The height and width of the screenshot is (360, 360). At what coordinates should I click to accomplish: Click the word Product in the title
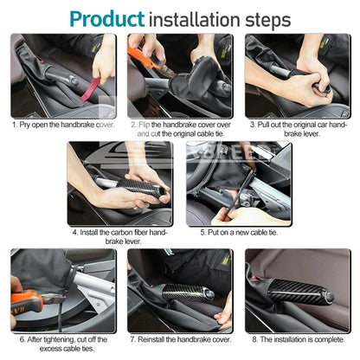click(107, 19)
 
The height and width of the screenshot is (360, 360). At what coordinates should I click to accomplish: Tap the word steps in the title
click(268, 20)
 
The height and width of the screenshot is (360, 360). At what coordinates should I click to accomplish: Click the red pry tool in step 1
click(90, 90)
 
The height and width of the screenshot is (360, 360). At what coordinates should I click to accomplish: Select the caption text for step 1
click(63, 125)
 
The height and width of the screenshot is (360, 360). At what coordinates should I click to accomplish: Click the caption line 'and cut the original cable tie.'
click(181, 134)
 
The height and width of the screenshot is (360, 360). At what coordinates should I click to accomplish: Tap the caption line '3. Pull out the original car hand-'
click(299, 125)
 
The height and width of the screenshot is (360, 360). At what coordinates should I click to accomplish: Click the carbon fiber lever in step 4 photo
click(141, 188)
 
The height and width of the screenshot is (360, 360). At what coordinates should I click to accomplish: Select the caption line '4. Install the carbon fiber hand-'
click(120, 233)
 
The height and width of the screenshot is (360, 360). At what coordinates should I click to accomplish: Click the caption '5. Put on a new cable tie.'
click(239, 233)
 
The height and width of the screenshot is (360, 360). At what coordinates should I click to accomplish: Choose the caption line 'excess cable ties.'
click(67, 349)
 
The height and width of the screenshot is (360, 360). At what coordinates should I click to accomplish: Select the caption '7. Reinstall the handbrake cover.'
click(181, 339)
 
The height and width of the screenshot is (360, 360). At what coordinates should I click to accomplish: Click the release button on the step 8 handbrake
click(330, 297)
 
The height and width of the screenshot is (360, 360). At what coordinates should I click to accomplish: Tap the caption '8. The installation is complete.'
click(299, 339)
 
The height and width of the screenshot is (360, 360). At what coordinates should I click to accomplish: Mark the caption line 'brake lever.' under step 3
click(302, 134)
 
